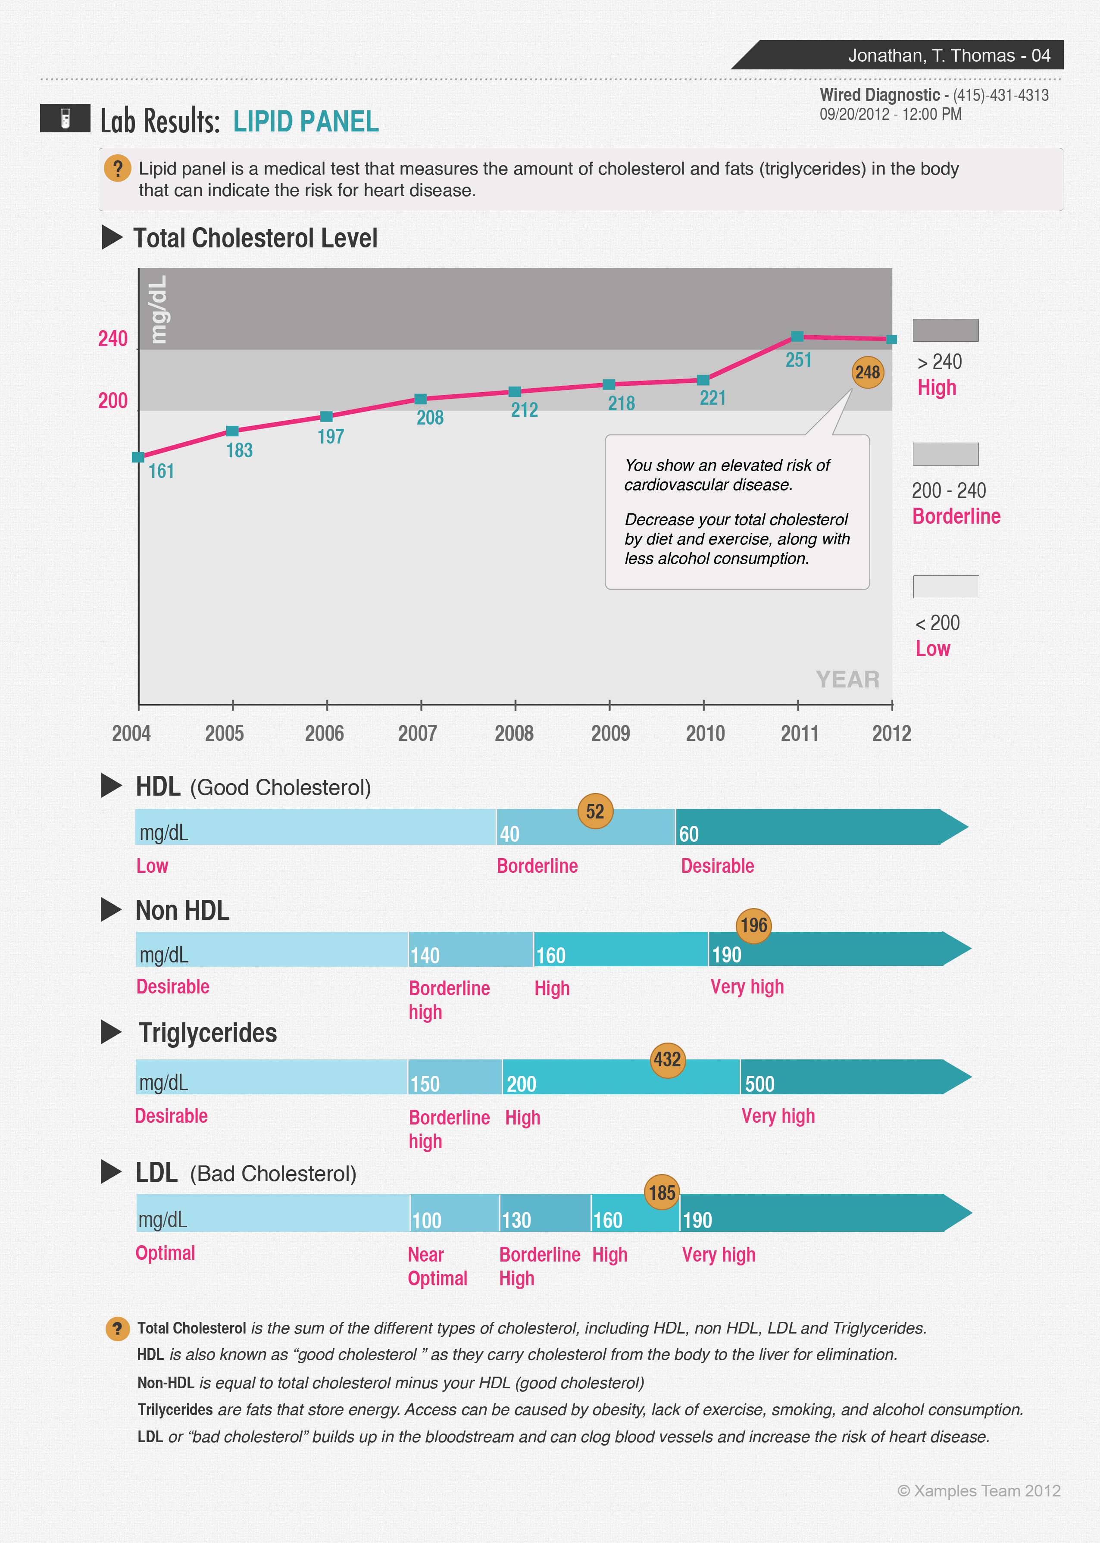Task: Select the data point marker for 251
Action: pos(797,337)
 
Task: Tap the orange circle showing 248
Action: pos(868,372)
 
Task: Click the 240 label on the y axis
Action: pos(112,339)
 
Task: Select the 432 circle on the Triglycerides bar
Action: pos(667,1059)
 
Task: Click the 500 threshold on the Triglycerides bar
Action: pos(759,1084)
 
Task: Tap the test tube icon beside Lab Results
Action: pos(65,119)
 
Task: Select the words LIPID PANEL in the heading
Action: pos(306,122)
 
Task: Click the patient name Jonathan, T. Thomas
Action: pos(931,56)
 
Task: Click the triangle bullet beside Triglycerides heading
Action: pos(111,1032)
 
